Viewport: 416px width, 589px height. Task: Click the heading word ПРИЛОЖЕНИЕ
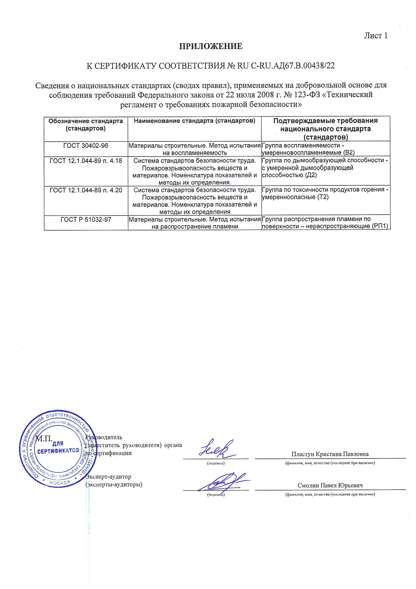coord(211,46)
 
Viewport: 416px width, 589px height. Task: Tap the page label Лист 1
coord(376,36)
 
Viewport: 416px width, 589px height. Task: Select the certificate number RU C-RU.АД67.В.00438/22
coord(286,66)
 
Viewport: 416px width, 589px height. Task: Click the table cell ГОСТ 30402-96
coord(86,146)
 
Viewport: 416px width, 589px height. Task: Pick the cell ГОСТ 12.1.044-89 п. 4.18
coord(86,161)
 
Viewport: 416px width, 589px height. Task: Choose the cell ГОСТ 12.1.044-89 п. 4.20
coord(86,190)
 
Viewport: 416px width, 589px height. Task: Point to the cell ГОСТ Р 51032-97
coord(86,220)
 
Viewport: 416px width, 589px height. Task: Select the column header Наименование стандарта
coord(195,121)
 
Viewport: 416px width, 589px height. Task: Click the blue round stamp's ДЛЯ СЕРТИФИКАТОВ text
coord(58,448)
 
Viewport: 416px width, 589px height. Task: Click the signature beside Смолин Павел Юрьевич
coord(223,482)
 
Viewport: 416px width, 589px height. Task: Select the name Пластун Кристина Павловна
coord(330,454)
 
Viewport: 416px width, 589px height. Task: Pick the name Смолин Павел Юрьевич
coord(330,486)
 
